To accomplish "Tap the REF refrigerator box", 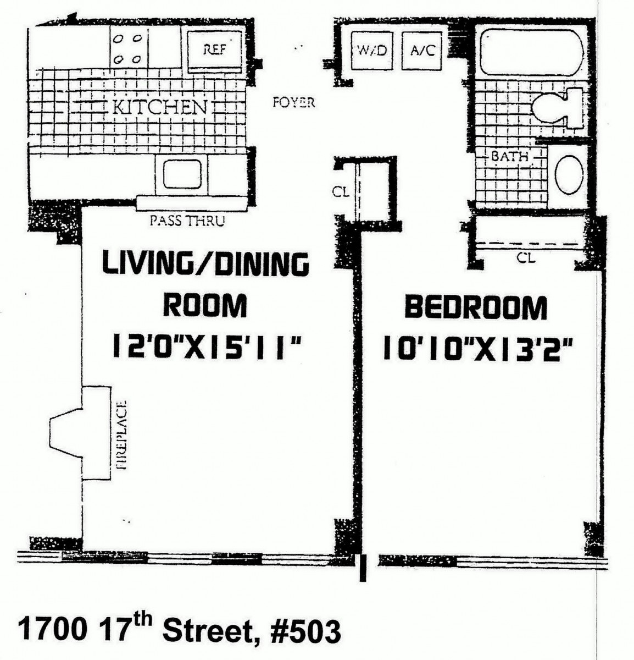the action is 214,51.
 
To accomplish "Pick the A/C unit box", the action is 422,51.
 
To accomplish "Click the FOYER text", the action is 294,102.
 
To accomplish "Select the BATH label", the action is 509,156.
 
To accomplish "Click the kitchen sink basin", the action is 182,175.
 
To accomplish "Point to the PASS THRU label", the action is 187,221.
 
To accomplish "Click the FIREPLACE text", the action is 121,435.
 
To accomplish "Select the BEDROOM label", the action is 476,308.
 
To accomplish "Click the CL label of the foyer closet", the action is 341,192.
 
